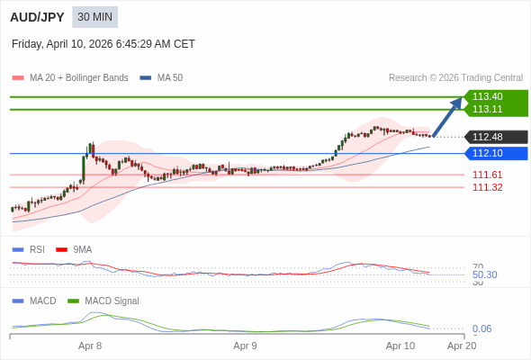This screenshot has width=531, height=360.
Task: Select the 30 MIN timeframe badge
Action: click(94, 17)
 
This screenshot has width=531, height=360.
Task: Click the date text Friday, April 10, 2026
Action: click(103, 44)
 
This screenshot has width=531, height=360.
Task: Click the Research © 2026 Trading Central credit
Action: click(455, 78)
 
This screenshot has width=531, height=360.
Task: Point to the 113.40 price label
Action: click(487, 96)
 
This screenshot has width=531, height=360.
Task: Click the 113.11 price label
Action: click(487, 109)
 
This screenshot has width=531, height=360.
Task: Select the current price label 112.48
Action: click(487, 137)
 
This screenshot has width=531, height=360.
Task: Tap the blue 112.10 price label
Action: click(487, 153)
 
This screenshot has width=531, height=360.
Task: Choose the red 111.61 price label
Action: click(487, 175)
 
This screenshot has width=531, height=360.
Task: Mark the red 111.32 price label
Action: click(487, 187)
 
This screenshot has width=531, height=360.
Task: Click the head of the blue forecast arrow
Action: click(459, 101)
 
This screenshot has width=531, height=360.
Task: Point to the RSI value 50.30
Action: click(484, 274)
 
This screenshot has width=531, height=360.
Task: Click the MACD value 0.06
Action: click(481, 328)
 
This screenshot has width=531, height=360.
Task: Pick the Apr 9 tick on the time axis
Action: click(245, 346)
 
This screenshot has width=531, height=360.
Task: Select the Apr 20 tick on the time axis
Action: click(462, 346)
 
